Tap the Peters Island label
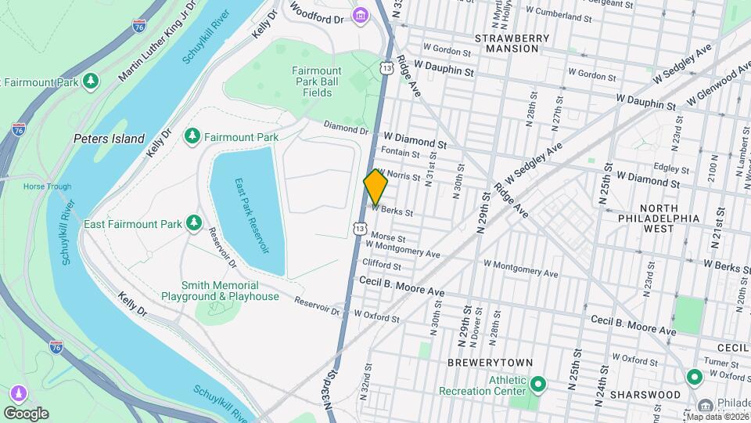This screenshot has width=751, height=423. click(x=109, y=139)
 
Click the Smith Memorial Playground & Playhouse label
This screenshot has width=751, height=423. click(x=220, y=291)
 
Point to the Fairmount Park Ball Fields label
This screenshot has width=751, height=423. click(x=317, y=81)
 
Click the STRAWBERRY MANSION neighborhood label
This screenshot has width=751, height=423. click(x=506, y=42)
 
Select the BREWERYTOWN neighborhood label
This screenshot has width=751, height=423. click(x=490, y=363)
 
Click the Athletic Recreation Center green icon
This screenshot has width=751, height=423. click(x=538, y=385)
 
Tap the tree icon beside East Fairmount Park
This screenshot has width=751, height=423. click(x=193, y=224)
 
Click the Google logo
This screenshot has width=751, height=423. click(x=26, y=413)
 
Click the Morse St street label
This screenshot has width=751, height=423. click(x=389, y=238)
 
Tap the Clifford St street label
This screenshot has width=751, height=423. click(x=381, y=265)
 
